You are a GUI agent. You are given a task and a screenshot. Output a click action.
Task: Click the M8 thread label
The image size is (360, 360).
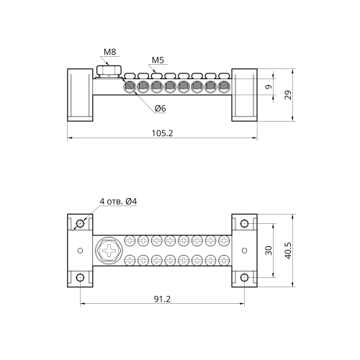point(109,52)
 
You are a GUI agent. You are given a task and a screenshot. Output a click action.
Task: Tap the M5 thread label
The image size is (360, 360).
point(158,60)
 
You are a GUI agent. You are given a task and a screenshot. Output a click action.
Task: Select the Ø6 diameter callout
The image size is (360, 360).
point(160,109)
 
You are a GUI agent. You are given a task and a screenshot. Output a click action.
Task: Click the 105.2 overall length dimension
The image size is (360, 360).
point(162,133)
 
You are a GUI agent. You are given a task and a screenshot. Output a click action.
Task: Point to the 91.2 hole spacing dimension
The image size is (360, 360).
point(162,299)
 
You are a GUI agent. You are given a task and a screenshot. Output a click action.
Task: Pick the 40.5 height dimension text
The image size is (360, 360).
point(288,251)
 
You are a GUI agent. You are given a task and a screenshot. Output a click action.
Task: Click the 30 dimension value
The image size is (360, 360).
point(269,251)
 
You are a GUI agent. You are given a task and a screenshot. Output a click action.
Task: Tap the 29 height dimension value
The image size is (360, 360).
point(288,95)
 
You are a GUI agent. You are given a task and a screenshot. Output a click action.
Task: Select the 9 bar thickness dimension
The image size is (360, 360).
point(269,86)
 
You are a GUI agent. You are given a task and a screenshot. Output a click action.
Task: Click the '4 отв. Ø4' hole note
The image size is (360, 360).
point(118,202)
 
